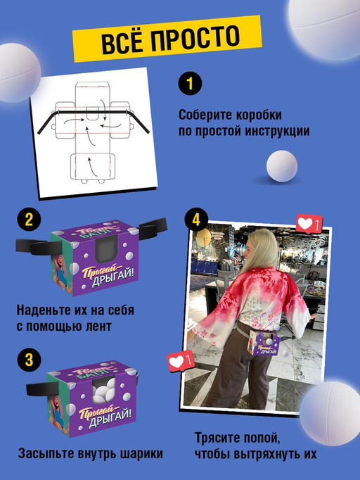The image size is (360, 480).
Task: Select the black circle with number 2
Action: point(28,219)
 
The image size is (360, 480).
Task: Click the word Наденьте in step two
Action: point(41,310)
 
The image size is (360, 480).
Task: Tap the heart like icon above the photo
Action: point(307,225)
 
